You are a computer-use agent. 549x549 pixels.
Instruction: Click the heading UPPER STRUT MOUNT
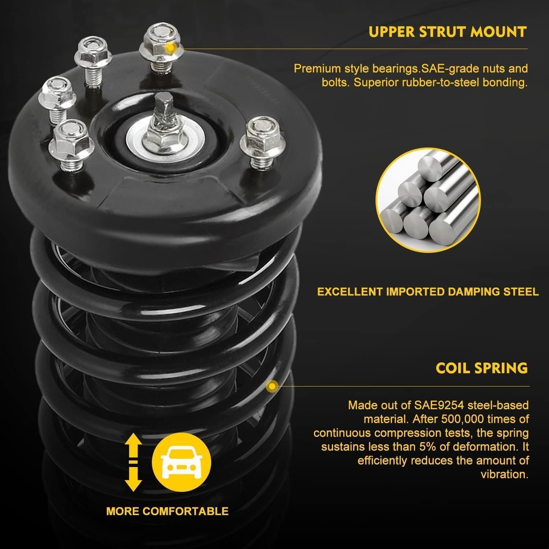coord(447,32)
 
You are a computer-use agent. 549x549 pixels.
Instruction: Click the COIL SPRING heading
coord(482,368)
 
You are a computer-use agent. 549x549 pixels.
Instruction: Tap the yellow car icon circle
coord(181,462)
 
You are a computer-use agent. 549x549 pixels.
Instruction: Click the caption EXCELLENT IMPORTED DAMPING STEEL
coord(428,292)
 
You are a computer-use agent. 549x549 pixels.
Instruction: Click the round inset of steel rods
coord(428,202)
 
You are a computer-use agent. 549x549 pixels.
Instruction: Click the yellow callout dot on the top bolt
coord(170,48)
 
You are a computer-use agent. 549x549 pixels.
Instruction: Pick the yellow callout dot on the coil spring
coord(272,386)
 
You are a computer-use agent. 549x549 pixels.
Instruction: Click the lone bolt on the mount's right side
coord(260,138)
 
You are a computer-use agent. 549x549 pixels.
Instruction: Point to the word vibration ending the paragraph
coord(504,475)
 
